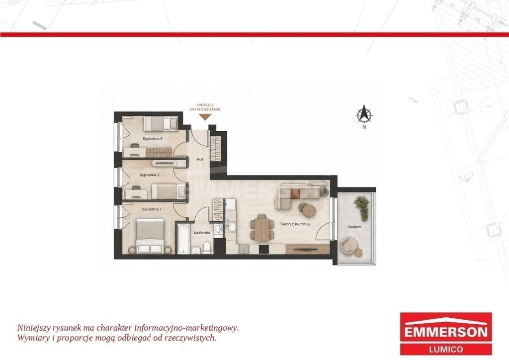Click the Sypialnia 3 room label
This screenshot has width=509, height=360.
tap(153, 139)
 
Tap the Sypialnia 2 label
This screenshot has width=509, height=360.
tap(149, 175)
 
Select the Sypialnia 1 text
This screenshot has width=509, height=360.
tap(151, 209)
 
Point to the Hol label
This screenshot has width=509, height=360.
tap(200, 160)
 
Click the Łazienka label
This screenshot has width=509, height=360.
tap(202, 232)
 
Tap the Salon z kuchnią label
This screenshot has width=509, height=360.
tap(295, 224)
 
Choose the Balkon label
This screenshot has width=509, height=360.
tap(354, 227)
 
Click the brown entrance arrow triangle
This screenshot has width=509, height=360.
tap(204, 117)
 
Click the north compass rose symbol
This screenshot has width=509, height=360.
tap(364, 114)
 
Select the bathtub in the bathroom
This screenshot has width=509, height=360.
tap(183, 239)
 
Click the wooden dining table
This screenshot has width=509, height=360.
tap(261, 229)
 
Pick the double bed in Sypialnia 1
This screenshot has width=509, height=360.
tap(150, 236)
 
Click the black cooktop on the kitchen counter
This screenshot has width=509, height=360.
tap(263, 249)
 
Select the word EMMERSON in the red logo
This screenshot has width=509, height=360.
tap(446, 332)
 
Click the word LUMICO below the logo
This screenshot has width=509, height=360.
tap(446, 350)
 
